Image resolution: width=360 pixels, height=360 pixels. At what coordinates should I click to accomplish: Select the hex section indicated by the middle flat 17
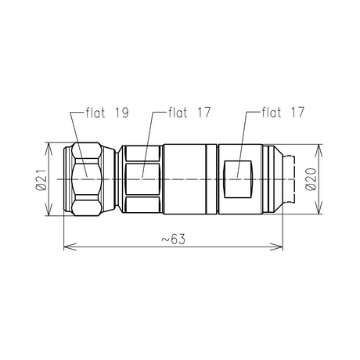coord(142,179)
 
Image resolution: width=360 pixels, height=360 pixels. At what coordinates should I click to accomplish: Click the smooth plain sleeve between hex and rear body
coord(188,179)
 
